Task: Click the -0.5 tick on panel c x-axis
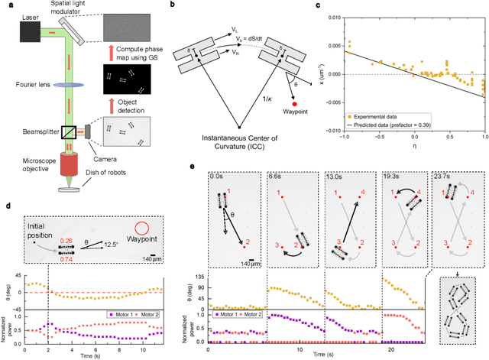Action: (397, 140)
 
